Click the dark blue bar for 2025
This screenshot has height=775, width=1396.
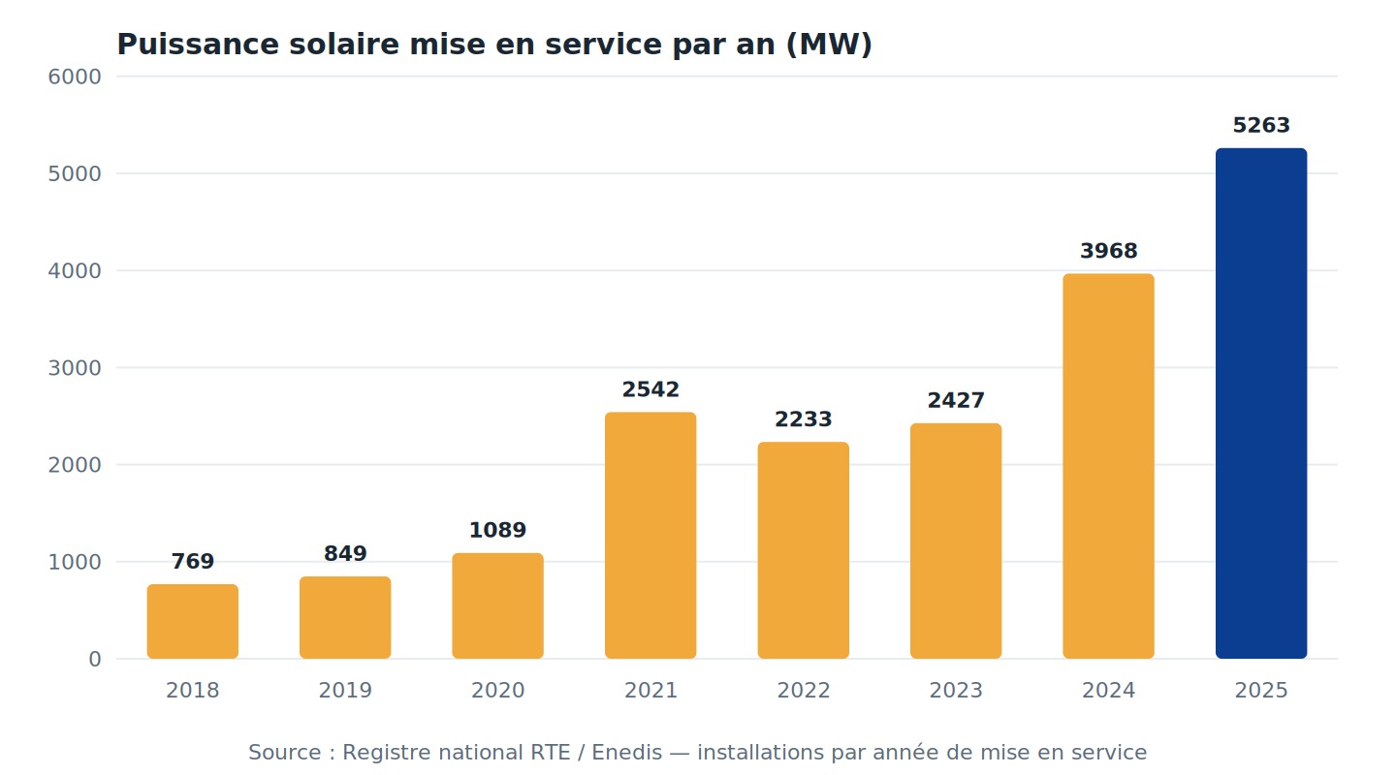point(1260,403)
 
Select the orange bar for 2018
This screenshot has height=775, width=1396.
point(193,621)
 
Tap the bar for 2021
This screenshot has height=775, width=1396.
point(650,535)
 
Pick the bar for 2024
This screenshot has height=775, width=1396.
point(1108,466)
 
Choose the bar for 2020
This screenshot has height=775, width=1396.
point(497,605)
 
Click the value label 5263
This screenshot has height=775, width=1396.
point(1260,125)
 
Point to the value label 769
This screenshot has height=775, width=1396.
point(193,561)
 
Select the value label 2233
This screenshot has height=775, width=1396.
point(803,419)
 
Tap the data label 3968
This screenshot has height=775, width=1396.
point(1108,251)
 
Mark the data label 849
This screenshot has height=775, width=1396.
point(345,553)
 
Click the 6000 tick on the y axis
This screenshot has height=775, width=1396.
point(74,77)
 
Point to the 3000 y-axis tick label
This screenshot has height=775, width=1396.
point(74,367)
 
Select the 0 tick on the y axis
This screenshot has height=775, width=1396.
point(95,659)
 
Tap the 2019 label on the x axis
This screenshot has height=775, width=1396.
point(345,691)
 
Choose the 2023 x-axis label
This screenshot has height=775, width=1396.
point(956,691)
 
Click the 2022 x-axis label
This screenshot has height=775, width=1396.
point(803,691)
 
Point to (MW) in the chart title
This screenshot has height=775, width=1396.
point(829,45)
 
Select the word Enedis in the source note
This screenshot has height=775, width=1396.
point(626,752)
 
